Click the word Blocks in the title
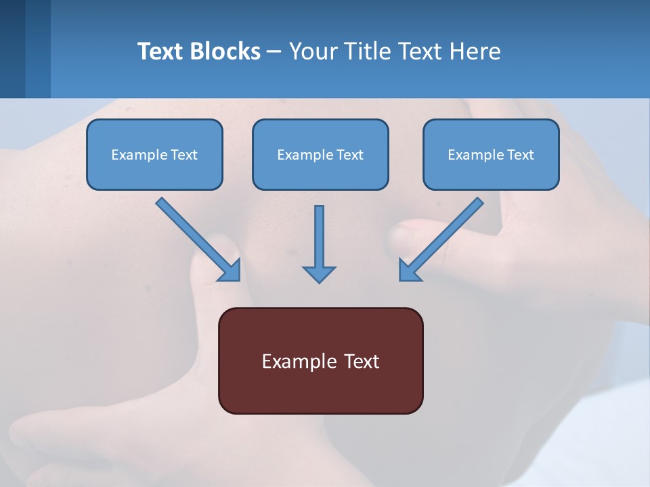224,51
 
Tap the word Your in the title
313,51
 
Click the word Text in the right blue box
520,155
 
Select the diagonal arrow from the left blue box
196,238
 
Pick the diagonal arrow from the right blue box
442,238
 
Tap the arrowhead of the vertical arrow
319,274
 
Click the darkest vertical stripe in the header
12,49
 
